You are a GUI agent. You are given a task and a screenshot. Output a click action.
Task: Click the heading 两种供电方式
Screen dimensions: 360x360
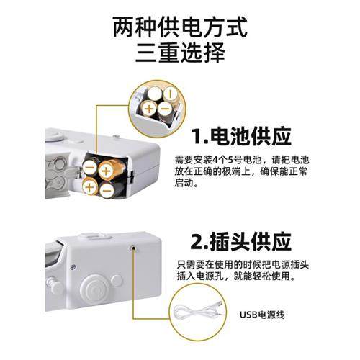click(179, 28)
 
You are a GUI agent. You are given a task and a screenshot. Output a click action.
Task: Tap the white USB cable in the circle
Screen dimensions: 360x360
click(199, 314)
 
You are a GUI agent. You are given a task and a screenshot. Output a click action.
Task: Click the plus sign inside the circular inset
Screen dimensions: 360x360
click(149, 109)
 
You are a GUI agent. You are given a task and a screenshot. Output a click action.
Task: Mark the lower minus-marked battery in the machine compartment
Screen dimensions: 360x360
click(106, 189)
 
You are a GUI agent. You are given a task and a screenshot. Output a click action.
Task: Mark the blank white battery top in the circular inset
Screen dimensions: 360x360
click(157, 93)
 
